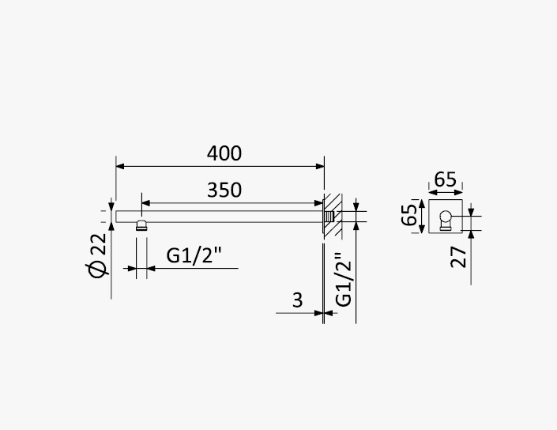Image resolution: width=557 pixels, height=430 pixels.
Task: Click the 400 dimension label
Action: coord(224,153)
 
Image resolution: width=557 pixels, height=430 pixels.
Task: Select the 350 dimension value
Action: coord(224,190)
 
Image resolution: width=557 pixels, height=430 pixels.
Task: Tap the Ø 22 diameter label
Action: coord(98,255)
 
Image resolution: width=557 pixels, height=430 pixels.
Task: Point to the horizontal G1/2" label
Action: coord(194,255)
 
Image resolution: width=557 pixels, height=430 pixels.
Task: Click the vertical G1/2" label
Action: coord(344,280)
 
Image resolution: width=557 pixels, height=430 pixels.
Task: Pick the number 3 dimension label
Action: coord(298,300)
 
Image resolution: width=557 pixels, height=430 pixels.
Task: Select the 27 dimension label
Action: coord(458,257)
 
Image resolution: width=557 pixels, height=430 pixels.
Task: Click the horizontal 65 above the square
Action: coord(445,179)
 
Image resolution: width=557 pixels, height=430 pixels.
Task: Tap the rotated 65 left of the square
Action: coord(409,215)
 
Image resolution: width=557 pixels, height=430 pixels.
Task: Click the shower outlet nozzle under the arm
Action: coord(141,225)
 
